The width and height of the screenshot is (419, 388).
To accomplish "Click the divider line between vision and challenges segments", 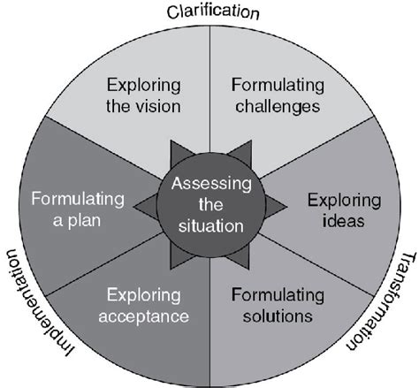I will [x=209, y=88].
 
